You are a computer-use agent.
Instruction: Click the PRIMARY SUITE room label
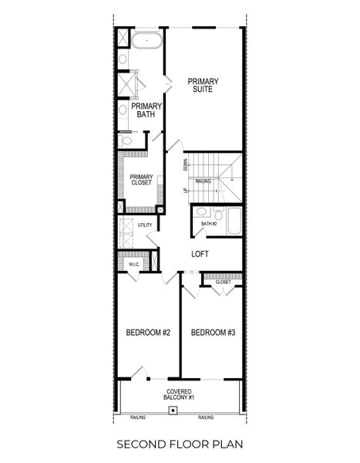click(x=204, y=86)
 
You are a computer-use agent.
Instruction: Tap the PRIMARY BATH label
click(x=146, y=110)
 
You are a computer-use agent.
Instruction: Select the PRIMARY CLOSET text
click(x=140, y=179)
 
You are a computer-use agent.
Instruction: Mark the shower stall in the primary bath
click(x=126, y=83)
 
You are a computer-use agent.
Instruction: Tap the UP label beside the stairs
click(x=186, y=190)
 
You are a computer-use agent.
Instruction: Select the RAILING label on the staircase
click(x=204, y=181)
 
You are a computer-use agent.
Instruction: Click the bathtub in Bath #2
click(x=233, y=221)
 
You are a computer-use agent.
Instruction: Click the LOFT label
click(x=200, y=253)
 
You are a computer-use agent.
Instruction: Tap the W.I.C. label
click(x=133, y=264)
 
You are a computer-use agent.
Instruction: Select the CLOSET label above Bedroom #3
click(x=223, y=282)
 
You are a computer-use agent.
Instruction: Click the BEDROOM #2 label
click(x=147, y=333)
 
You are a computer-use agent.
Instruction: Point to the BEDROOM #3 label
click(x=213, y=333)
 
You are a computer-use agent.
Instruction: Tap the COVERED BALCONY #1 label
click(x=180, y=394)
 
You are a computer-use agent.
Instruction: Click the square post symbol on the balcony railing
click(x=174, y=411)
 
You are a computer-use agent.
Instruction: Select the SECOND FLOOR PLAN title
click(x=180, y=445)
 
